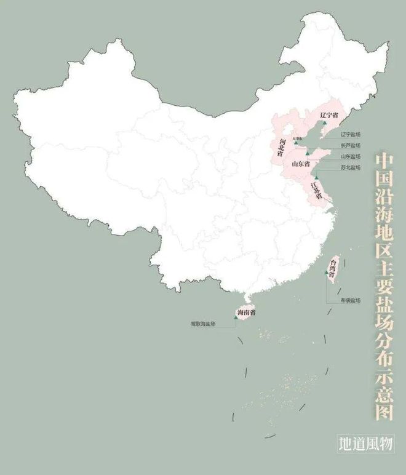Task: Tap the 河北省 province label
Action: point(282,148)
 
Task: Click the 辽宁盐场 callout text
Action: point(351,134)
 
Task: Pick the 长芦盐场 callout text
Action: point(351,145)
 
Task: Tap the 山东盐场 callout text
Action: point(351,156)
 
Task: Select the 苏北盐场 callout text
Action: point(351,167)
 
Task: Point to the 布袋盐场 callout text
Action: point(350,300)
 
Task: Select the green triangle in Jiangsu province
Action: point(316,177)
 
